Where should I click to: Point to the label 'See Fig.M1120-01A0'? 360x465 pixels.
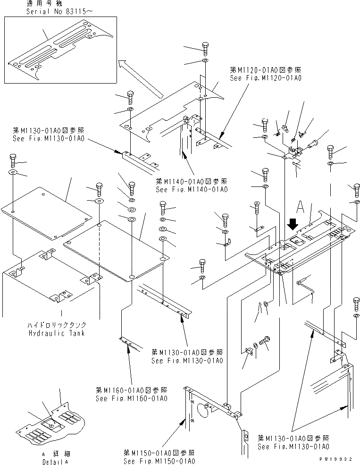pyautogui.click(x=265, y=78)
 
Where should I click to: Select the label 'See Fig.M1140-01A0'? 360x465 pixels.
pyautogui.click(x=192, y=189)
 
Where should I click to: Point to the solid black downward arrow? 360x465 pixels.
pyautogui.click(x=293, y=222)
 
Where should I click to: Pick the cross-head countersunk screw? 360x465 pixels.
pyautogui.click(x=257, y=206)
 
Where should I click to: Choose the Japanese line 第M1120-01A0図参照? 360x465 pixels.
pyautogui.click(x=265, y=70)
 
